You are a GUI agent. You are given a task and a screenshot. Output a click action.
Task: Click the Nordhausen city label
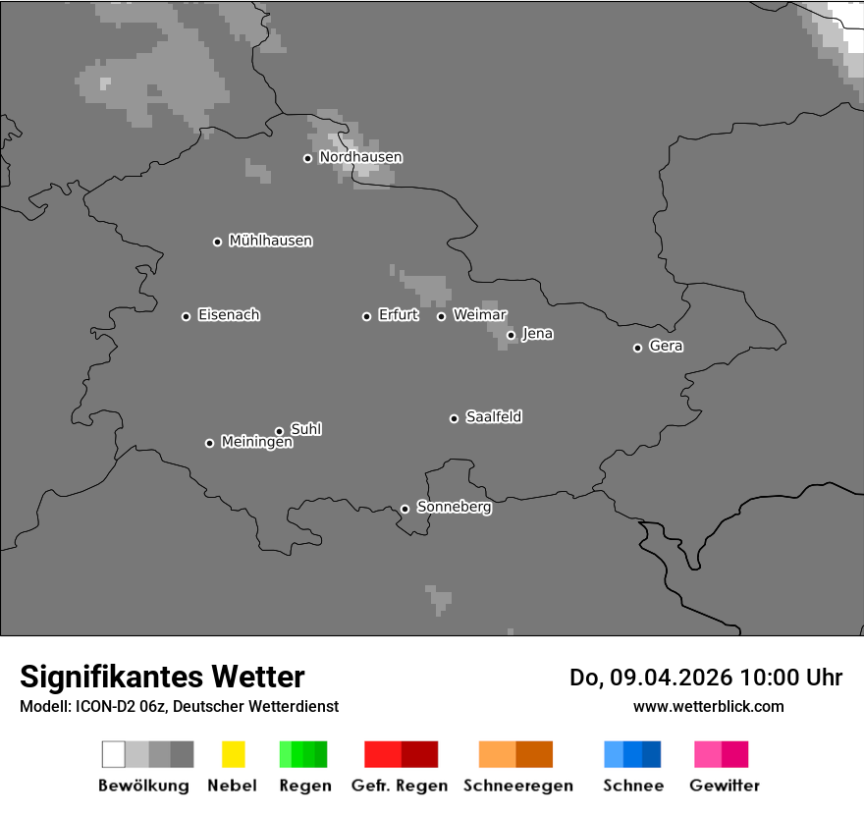[x=360, y=157]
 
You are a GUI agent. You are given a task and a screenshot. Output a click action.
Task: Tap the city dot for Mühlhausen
[x=218, y=242]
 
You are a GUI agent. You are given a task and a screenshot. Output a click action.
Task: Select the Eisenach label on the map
[x=229, y=315]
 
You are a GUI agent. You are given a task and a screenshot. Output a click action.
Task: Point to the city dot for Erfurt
[x=367, y=316]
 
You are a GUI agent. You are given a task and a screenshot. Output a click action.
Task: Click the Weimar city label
[x=480, y=315]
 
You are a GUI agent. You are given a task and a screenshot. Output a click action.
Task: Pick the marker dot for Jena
[x=511, y=335]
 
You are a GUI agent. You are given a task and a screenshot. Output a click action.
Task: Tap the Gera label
[x=666, y=347]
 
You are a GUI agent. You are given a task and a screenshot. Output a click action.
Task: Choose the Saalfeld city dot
[x=454, y=418]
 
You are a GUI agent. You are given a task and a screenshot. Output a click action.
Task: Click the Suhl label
[x=306, y=429]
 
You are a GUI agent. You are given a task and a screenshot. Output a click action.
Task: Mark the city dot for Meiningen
[x=209, y=443]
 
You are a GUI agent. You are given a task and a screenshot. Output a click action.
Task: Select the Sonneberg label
[x=455, y=508]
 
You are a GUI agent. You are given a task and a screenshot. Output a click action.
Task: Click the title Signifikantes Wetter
[x=162, y=678]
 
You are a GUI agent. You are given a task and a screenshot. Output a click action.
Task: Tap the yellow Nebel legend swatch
[x=233, y=754]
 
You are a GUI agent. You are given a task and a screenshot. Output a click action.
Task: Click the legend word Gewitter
[x=725, y=786]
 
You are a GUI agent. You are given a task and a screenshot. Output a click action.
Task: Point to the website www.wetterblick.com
[x=708, y=707]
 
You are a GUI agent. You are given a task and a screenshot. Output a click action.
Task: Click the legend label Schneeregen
[x=517, y=786]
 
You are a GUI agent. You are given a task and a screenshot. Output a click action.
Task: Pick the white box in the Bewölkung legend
[x=114, y=754]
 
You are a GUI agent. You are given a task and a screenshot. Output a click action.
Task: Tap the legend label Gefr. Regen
[x=400, y=786]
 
